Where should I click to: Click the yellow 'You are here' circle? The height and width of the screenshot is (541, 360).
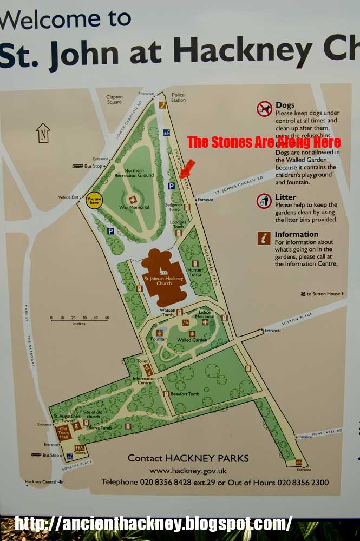pyautogui.click(x=94, y=201)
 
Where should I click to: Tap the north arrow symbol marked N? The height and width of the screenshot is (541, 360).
pyautogui.click(x=43, y=132)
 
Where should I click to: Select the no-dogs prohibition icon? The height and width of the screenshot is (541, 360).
pyautogui.click(x=264, y=109)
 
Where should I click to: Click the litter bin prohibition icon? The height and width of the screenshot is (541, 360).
pyautogui.click(x=264, y=201)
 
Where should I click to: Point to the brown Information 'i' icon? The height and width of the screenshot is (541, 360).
pyautogui.click(x=264, y=238)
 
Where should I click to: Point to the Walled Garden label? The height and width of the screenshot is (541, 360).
pyautogui.click(x=188, y=340)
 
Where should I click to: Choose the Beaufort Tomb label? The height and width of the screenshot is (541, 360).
pyautogui.click(x=185, y=394)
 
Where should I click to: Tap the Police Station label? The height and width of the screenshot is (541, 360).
pyautogui.click(x=178, y=97)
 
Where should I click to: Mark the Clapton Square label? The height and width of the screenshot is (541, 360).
pyautogui.click(x=114, y=100)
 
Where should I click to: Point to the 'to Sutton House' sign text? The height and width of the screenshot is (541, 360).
pyautogui.click(x=323, y=294)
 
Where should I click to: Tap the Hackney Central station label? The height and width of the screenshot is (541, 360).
pyautogui.click(x=40, y=481)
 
